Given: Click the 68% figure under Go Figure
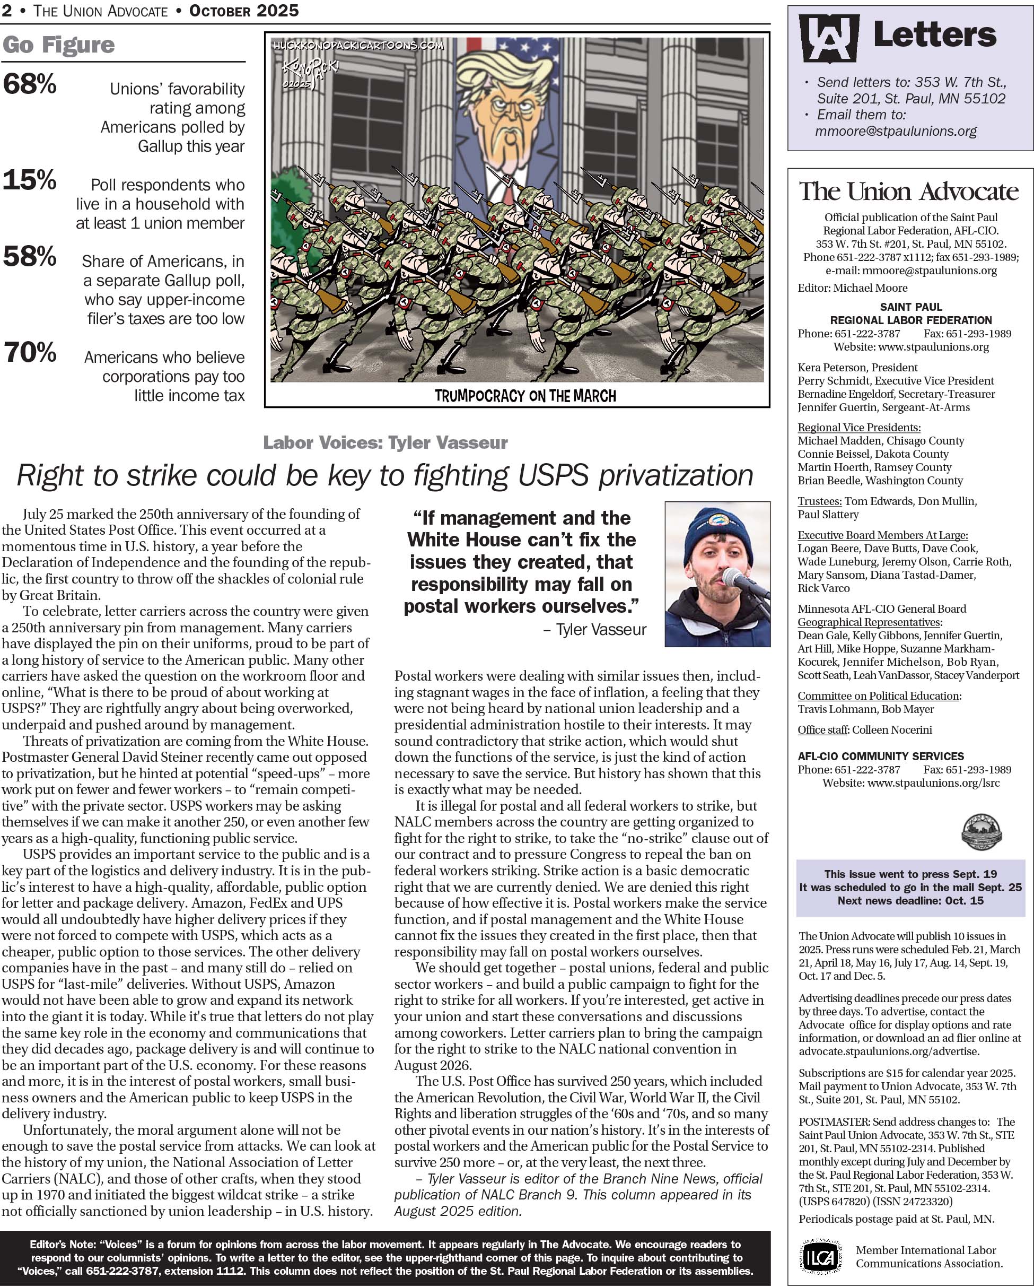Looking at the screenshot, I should [x=30, y=84].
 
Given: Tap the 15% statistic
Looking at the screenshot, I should [x=30, y=180].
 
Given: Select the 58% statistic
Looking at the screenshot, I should [x=30, y=257].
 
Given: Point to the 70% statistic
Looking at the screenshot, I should [x=30, y=352].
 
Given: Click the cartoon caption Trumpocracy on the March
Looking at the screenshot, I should [x=525, y=396].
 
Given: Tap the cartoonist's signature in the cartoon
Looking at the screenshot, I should [x=310, y=72].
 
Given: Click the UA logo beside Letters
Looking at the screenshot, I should [x=829, y=38].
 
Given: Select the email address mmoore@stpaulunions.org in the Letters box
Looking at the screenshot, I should [x=896, y=132].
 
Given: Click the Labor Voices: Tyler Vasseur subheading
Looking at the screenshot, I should [x=385, y=442].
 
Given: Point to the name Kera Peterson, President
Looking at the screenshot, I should [x=857, y=367].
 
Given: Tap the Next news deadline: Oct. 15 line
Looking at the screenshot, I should [x=910, y=900].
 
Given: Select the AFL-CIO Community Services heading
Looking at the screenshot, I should [x=881, y=756].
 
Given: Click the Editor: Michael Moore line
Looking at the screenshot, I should [x=852, y=288].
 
